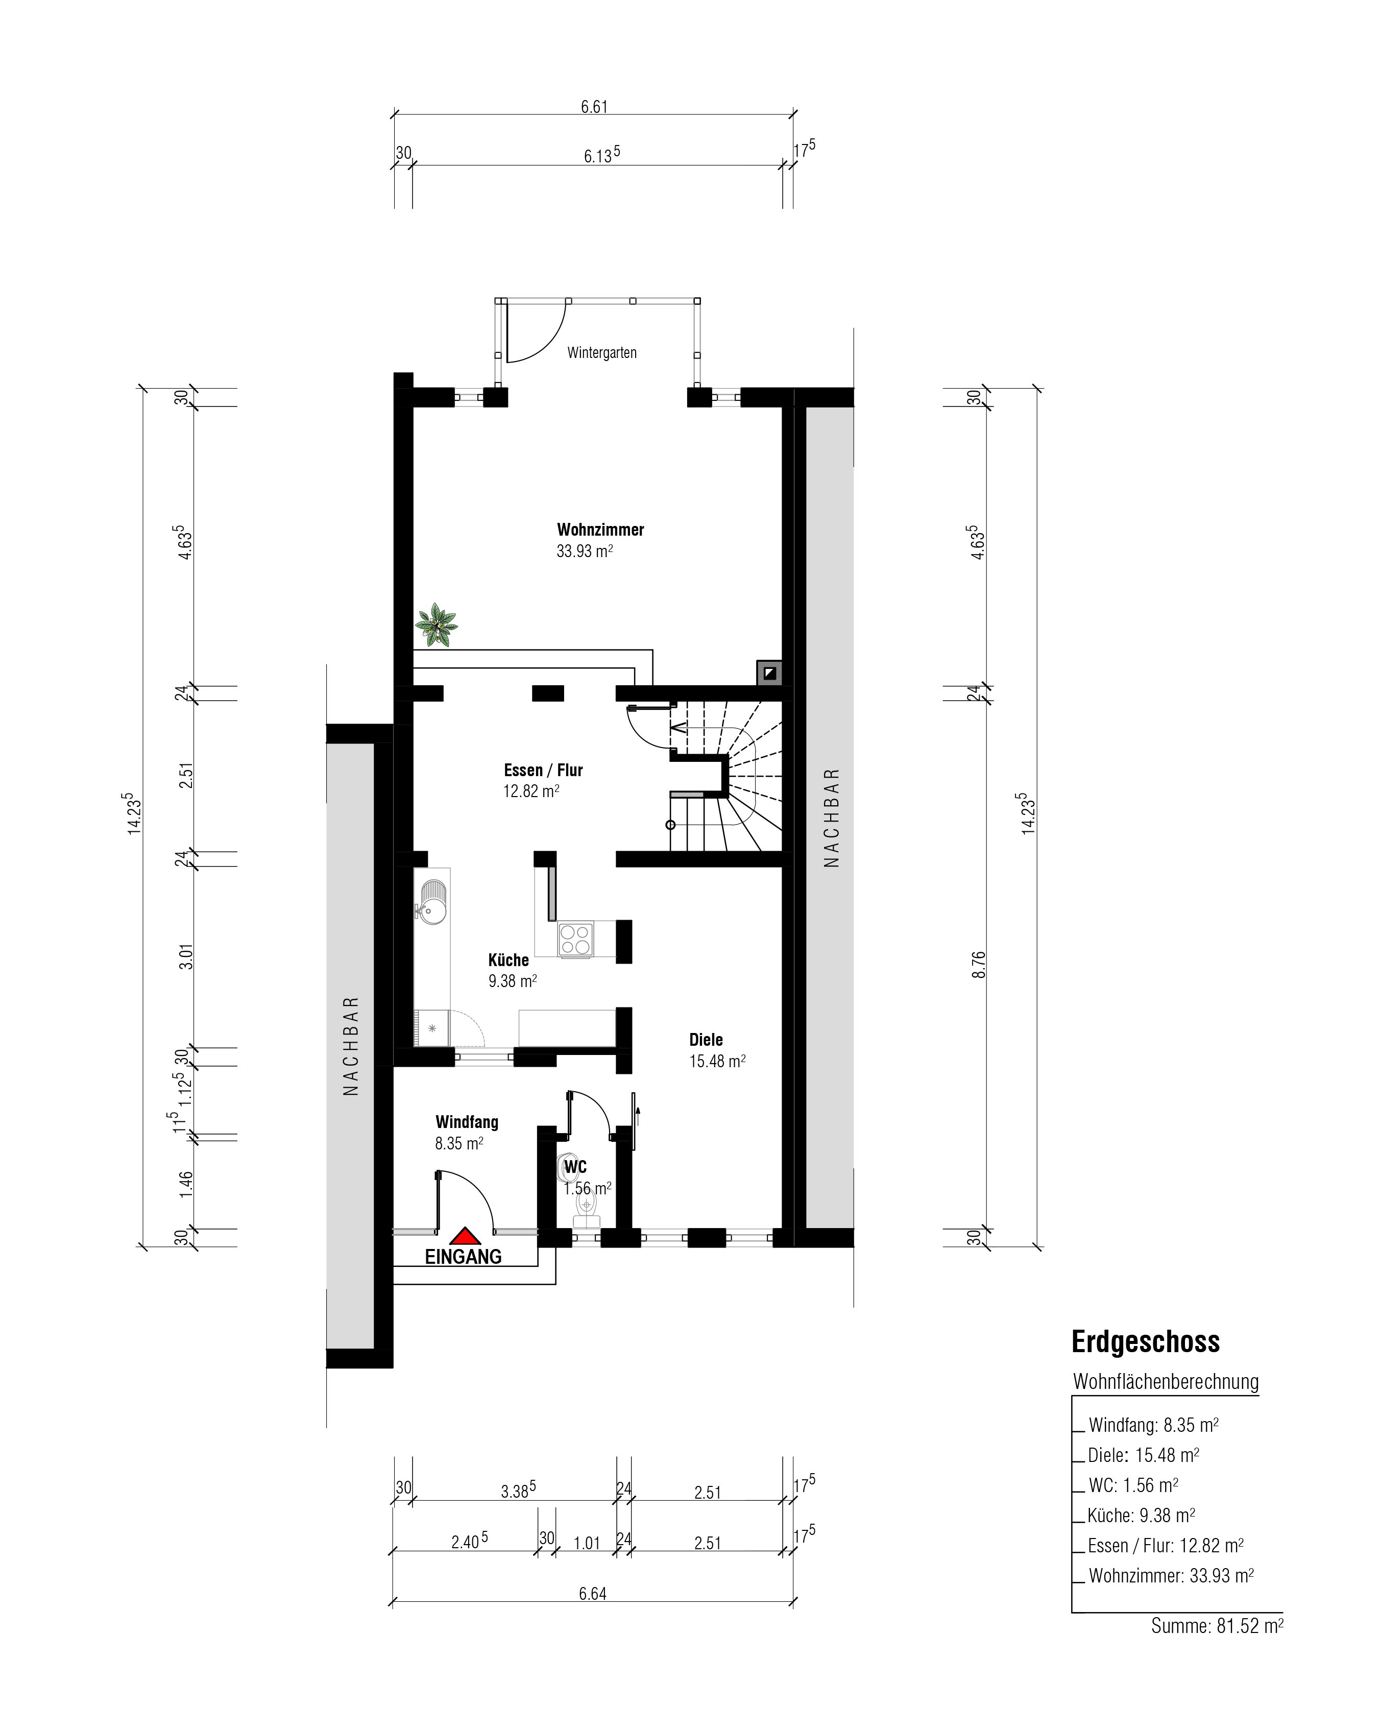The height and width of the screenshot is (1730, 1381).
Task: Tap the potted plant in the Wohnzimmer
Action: click(x=435, y=624)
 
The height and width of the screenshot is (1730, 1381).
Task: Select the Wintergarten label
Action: click(x=602, y=352)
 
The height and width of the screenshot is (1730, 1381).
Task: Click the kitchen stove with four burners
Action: click(x=575, y=939)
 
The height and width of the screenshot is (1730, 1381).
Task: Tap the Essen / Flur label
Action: click(x=543, y=771)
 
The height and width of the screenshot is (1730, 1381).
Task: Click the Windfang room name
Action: click(x=467, y=1122)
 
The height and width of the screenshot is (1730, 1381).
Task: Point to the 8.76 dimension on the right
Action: click(x=978, y=965)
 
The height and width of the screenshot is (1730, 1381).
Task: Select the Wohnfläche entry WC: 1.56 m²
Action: click(x=1133, y=1485)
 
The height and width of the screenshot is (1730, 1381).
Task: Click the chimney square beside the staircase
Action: click(x=769, y=672)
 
